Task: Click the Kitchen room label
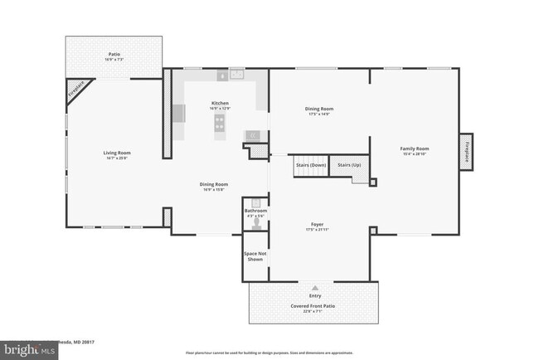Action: (220, 104)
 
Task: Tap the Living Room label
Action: (117, 153)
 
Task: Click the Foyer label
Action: (316, 222)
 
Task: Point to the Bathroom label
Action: (255, 211)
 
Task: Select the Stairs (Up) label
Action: (349, 165)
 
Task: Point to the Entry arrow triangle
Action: (314, 287)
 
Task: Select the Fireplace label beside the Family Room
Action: (468, 152)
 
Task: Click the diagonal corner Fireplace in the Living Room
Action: (76, 91)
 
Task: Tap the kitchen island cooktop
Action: (220, 123)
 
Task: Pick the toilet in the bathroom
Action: (256, 222)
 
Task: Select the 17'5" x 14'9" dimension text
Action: (319, 114)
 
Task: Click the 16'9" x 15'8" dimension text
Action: (213, 190)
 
